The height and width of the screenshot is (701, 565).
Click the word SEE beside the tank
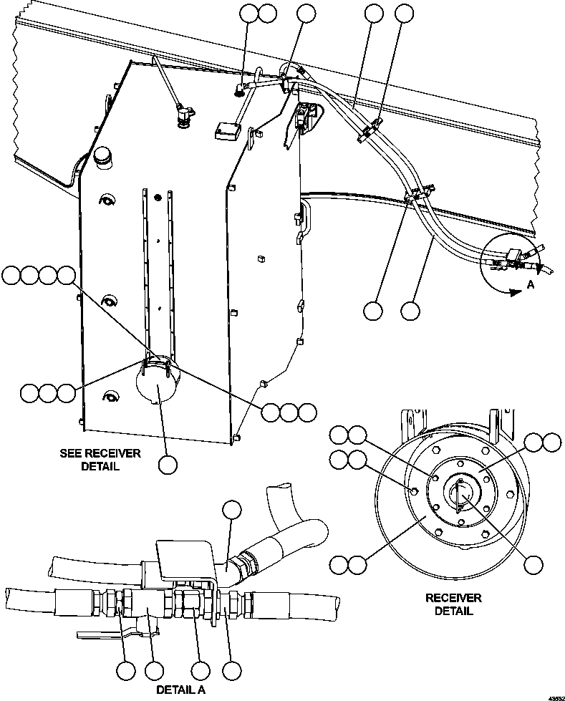click(x=72, y=454)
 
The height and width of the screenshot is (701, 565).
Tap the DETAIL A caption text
click(x=180, y=690)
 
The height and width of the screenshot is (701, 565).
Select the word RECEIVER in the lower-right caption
click(x=453, y=598)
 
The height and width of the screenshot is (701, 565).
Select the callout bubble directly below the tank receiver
click(x=168, y=465)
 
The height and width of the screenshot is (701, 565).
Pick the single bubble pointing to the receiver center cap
click(x=532, y=564)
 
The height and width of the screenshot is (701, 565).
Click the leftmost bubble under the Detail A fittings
click(x=126, y=672)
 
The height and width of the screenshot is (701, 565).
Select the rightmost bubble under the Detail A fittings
click(x=231, y=672)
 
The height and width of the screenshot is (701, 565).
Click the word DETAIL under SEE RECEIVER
click(x=100, y=467)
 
